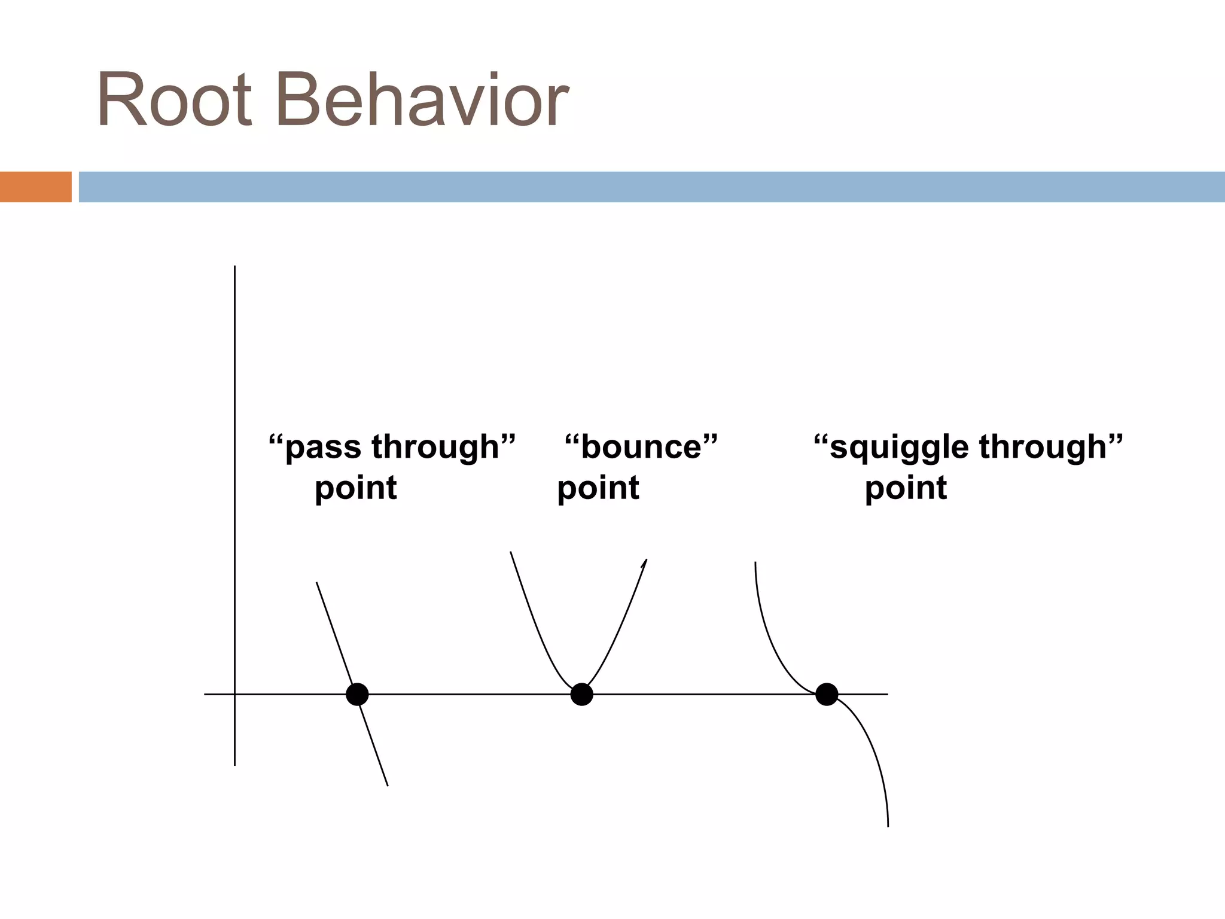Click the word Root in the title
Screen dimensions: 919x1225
[174, 99]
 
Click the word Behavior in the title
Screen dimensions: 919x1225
[422, 99]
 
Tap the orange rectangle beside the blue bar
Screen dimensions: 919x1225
[35, 187]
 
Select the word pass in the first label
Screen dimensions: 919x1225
[323, 448]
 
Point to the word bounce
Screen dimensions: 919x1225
[641, 447]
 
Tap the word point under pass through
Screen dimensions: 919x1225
[356, 488]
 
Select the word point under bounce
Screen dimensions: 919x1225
[598, 488]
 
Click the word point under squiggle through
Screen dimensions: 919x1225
[906, 488]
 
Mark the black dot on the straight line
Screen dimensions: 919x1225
[357, 695]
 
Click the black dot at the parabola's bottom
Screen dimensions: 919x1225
[581, 695]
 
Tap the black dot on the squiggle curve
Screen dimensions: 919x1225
[827, 695]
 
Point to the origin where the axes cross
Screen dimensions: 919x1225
[234, 695]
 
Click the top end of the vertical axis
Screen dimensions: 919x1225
[234, 267]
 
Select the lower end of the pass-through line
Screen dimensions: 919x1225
[388, 785]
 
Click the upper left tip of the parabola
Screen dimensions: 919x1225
[510, 552]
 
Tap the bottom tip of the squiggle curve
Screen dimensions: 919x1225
[888, 826]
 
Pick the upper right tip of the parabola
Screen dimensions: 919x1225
[647, 560]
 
